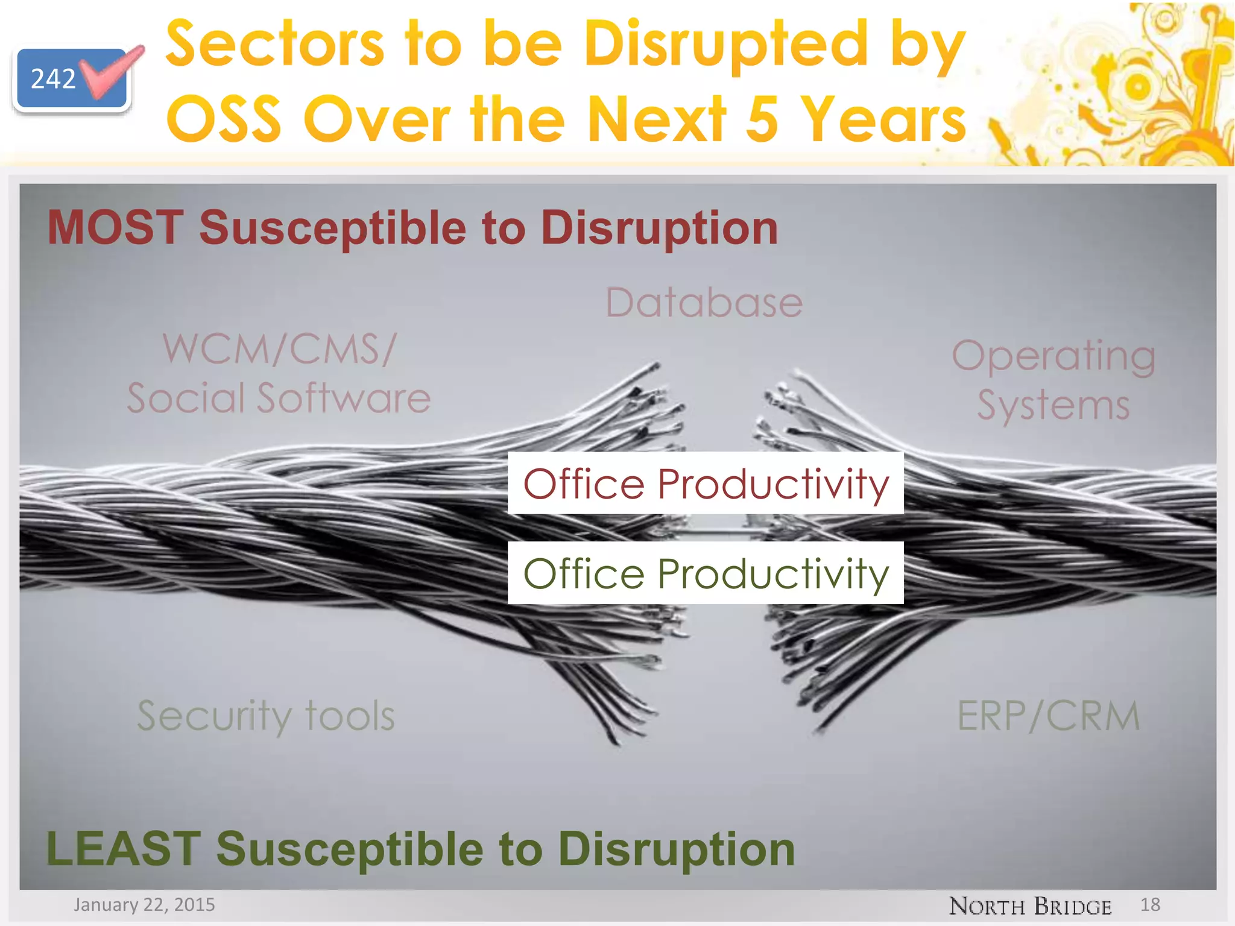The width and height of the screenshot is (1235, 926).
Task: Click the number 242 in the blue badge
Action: (53, 79)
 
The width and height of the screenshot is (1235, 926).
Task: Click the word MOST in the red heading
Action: (115, 227)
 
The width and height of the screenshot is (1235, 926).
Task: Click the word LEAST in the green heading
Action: (123, 848)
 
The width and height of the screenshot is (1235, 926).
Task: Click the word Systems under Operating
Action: (1053, 405)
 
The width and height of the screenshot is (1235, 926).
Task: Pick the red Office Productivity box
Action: (706, 483)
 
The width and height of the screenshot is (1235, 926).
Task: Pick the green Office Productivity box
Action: (706, 573)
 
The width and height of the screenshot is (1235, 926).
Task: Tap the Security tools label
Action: (266, 716)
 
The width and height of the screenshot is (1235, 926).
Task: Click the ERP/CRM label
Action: (1049, 716)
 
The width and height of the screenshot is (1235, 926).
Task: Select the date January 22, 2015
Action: (144, 904)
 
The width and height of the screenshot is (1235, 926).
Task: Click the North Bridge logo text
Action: (1030, 906)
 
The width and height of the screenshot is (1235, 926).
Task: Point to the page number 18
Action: (1150, 904)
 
